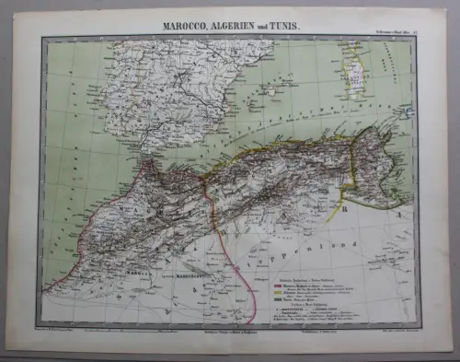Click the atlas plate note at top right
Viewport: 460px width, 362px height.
pyautogui.click(x=395, y=31)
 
